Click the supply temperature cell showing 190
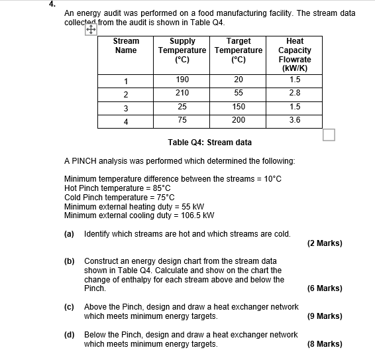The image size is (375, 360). [x=182, y=80]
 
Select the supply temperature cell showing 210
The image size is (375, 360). [x=182, y=93]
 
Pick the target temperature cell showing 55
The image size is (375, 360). [x=239, y=93]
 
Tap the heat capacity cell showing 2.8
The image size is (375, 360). [x=295, y=93]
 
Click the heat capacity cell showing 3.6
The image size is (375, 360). [x=295, y=120]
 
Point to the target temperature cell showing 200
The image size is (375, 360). [x=239, y=120]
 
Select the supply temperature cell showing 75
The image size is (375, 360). [x=182, y=120]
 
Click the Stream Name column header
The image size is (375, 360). [x=126, y=46]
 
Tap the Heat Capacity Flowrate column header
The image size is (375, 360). [x=295, y=54]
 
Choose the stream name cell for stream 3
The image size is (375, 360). [x=126, y=107]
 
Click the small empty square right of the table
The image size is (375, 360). [x=329, y=135]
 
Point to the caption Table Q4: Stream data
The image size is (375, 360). [x=210, y=143]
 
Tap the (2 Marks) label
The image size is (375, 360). [x=325, y=243]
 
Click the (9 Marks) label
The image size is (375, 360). [x=325, y=316]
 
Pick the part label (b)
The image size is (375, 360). [x=69, y=261]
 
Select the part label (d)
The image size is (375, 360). [x=69, y=335]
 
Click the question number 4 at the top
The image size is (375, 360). [x=50, y=3]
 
